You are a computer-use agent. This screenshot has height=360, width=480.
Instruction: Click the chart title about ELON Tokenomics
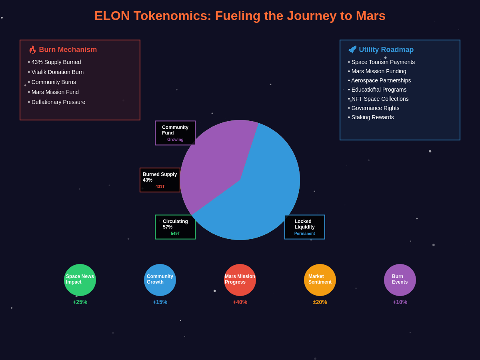point(240,16)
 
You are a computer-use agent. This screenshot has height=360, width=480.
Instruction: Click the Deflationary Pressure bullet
point(57,102)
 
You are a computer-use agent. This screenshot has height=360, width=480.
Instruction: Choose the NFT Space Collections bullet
point(378,99)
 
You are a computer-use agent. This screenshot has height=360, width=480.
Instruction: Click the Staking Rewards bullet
point(371,117)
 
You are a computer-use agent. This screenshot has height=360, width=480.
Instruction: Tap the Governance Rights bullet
point(374,108)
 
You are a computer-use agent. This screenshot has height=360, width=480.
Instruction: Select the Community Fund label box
point(175,133)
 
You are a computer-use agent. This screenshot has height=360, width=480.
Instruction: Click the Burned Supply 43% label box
point(160,180)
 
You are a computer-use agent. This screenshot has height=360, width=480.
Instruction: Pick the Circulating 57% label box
point(175,227)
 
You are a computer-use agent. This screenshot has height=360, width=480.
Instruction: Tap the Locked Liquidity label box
point(305,227)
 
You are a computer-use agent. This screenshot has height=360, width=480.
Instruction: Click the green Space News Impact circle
point(80,280)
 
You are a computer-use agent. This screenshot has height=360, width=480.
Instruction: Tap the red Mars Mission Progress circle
point(240,280)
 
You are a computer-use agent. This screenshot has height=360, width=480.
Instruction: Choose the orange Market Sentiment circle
point(320,280)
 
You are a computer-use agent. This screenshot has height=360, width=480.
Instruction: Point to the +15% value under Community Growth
point(160,302)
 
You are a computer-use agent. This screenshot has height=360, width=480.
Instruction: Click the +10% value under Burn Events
point(400,302)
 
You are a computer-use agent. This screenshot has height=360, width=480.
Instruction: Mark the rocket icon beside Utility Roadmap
point(352,50)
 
